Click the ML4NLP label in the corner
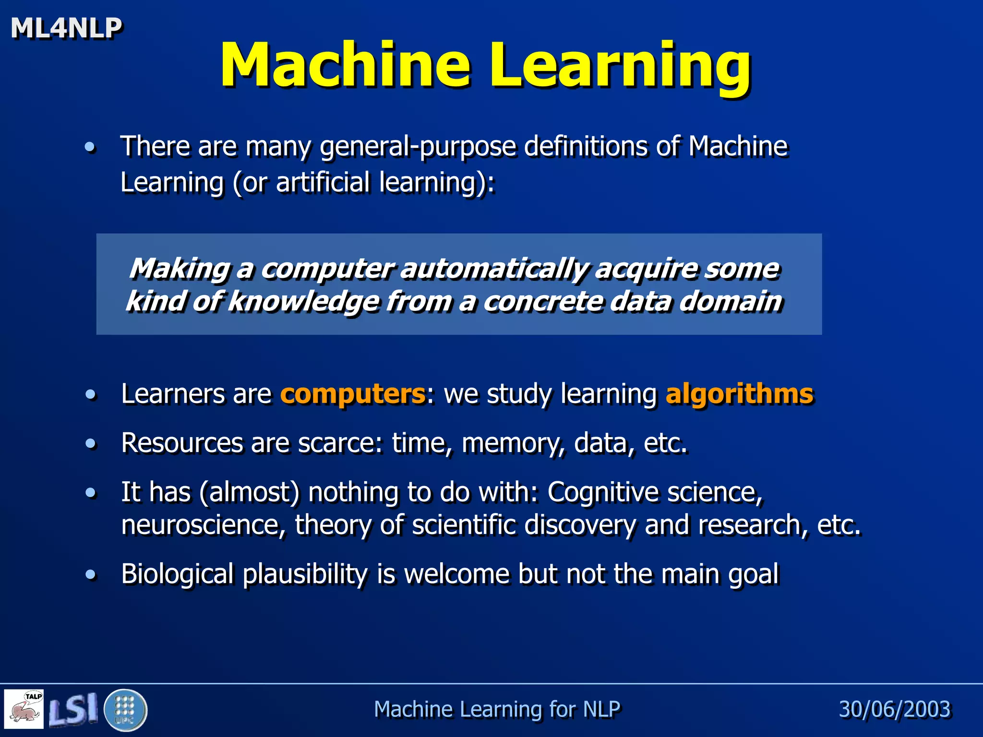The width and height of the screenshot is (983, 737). tap(66, 28)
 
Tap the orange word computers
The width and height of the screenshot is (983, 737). tap(353, 394)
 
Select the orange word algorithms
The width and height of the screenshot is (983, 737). tap(739, 394)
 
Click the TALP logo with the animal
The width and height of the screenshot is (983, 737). tap(24, 709)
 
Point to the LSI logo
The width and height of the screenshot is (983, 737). tap(73, 709)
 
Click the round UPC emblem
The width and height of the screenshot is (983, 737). tap(125, 710)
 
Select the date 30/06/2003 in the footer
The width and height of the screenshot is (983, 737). tap(894, 709)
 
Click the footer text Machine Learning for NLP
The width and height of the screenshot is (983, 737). tap(497, 709)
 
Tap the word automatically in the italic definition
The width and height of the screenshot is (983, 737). tap(494, 269)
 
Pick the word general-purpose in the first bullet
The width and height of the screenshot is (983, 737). tap(418, 146)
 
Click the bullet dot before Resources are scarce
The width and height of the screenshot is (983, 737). tap(90, 443)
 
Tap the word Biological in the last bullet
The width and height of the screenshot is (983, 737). tap(177, 574)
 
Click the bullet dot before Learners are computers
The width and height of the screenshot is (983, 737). tap(90, 394)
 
